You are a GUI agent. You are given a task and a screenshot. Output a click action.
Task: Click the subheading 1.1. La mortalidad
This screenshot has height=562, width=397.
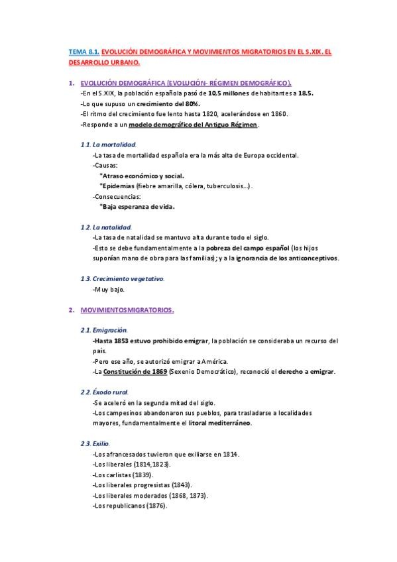[x=107, y=144]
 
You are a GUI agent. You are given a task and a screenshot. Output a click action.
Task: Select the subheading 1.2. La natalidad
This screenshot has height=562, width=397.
[x=105, y=227]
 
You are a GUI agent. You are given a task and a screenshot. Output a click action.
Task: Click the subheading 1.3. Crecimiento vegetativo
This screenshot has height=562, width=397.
[x=122, y=278]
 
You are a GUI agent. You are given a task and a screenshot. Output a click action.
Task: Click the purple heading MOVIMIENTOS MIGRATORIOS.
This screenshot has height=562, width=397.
[x=127, y=309]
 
